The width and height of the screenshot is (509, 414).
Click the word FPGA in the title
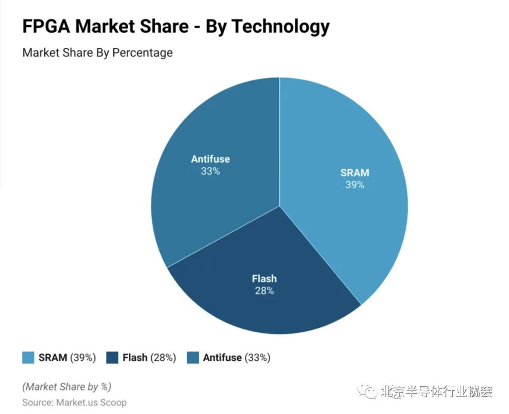(47, 26)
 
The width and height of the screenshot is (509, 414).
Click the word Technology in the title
(281, 26)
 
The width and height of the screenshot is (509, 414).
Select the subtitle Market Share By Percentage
(97, 52)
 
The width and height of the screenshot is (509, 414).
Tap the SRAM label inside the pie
(355, 173)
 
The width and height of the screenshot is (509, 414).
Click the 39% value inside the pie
(355, 185)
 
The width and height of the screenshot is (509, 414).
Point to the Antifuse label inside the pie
(210, 159)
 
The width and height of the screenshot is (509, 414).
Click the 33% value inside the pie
(210, 171)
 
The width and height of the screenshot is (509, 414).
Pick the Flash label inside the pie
(264, 278)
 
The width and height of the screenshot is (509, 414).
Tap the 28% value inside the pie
(264, 291)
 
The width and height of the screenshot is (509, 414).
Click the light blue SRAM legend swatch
(28, 357)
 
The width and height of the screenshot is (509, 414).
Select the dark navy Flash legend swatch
(112, 357)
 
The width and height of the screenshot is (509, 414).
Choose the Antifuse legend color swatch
(193, 357)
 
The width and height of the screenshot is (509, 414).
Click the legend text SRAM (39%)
(67, 357)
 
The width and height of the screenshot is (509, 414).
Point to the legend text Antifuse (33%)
(237, 357)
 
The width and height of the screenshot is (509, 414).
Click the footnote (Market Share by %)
(67, 386)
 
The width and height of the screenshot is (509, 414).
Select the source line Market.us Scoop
(75, 402)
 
